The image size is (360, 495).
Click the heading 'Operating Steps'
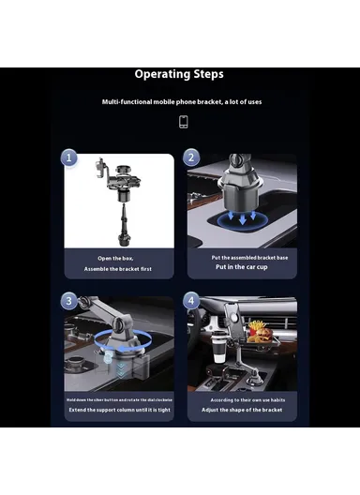tap(179, 74)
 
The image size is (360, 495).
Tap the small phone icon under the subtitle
tap(183, 122)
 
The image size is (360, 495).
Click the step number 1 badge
tap(69, 157)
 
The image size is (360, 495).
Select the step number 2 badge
tap(191, 157)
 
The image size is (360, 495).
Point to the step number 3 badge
tap(69, 301)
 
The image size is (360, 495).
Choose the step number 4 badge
tap(191, 301)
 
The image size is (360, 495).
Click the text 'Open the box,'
tap(119, 258)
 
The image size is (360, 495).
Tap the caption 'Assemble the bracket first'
tap(119, 268)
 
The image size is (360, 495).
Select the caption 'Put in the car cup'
tap(241, 267)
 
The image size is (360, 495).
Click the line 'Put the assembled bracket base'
tap(241, 257)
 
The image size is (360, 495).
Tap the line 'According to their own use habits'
tap(241, 400)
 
